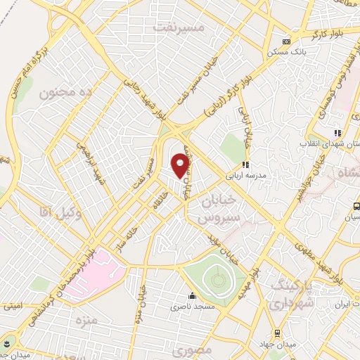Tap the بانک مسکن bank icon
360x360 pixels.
click(x=286, y=41)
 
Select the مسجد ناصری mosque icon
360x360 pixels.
click(x=191, y=295)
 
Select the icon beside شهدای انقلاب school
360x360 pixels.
click(x=337, y=132)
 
